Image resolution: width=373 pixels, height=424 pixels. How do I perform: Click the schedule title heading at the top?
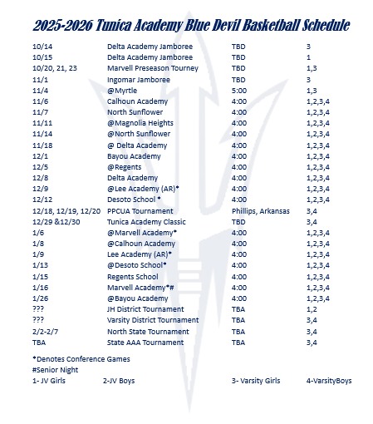[x=186, y=26]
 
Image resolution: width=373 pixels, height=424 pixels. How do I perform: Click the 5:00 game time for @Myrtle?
[x=240, y=90]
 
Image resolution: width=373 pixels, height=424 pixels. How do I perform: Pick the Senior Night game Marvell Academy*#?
[x=143, y=287]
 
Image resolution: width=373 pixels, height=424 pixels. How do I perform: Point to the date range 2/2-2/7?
[x=45, y=331]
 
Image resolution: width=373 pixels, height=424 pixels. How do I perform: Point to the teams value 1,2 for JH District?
[x=312, y=309]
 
